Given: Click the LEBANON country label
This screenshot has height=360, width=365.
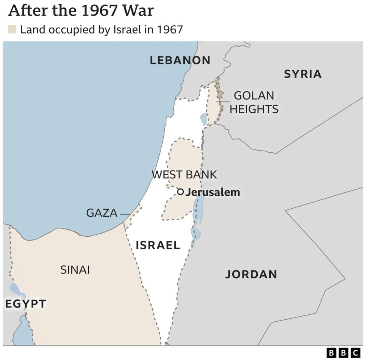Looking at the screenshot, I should (x=180, y=60).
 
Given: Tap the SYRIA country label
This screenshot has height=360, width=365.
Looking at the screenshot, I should (x=303, y=74).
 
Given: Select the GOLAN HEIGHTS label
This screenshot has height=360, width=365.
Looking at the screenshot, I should (x=254, y=102).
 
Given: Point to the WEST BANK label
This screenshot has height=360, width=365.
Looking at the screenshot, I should (x=184, y=174).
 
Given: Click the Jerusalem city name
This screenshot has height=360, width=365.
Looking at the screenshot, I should (x=213, y=192).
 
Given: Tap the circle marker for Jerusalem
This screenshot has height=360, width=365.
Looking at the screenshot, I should (x=181, y=192).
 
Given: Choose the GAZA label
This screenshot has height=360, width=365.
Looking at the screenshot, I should (x=102, y=213).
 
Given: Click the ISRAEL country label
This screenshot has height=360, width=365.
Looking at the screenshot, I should (x=158, y=245).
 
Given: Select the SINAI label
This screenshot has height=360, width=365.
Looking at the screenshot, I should (x=75, y=270).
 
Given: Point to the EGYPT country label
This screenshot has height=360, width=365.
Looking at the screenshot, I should (x=25, y=304).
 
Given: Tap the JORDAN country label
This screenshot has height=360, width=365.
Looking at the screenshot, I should (x=251, y=274).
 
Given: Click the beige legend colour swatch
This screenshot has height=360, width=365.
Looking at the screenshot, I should (x=12, y=29).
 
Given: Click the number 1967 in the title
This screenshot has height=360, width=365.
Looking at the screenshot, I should (x=100, y=11).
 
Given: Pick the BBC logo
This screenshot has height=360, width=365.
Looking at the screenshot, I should (x=343, y=353).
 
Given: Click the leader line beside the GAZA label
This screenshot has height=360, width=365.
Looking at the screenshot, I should (x=125, y=215).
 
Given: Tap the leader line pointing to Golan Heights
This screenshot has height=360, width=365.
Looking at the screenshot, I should (x=223, y=102).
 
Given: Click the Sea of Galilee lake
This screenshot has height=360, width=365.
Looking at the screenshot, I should (x=203, y=119).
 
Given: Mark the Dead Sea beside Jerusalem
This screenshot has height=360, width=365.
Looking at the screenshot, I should (x=197, y=210).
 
